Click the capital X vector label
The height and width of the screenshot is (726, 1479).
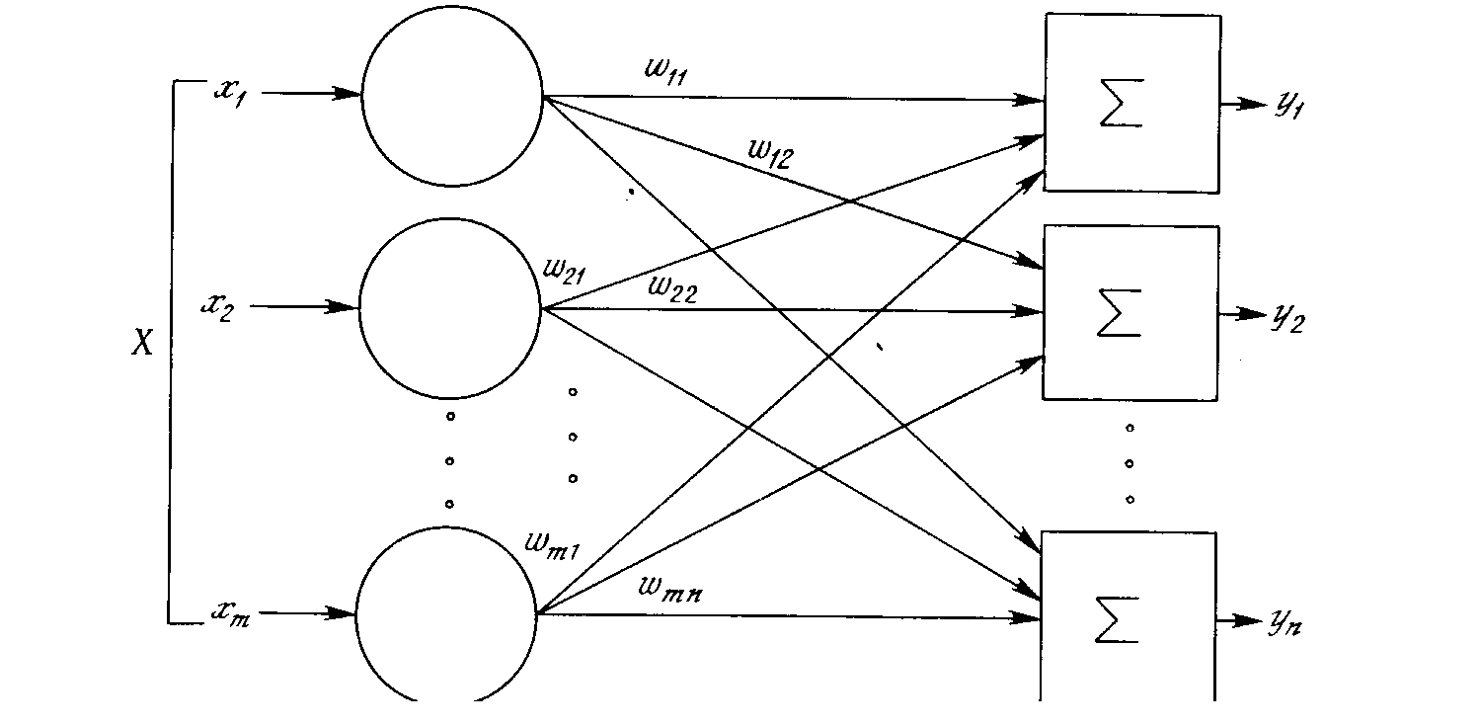[143, 343]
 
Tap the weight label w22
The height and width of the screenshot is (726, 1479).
[674, 288]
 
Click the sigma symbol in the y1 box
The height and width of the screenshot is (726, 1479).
[1121, 104]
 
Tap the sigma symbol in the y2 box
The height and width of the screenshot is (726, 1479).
[1121, 313]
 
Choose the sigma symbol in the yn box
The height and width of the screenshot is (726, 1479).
[1119, 620]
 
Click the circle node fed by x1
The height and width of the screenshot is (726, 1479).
[452, 96]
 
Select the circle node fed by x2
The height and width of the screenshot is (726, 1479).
[450, 308]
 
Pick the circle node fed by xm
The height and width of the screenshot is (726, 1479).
[446, 614]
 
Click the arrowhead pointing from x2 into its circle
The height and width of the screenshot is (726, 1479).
[347, 306]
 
